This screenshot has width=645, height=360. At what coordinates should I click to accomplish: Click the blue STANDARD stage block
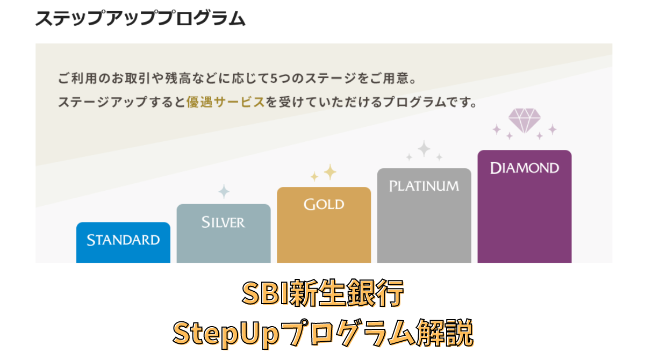coord(123,243)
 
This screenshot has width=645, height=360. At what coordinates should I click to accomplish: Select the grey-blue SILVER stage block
coord(223,234)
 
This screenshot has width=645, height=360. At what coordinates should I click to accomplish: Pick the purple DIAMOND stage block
coord(524,207)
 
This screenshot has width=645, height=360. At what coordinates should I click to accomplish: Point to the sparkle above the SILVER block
coord(224,191)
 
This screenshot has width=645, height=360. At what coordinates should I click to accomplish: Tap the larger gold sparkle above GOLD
coord(329,171)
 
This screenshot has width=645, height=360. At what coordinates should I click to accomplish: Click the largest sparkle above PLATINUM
coord(424,149)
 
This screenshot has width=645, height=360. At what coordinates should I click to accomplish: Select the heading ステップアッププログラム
coord(140,19)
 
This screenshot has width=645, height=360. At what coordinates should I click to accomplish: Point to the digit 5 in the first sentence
coord(274,78)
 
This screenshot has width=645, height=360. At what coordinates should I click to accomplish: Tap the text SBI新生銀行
coord(322,294)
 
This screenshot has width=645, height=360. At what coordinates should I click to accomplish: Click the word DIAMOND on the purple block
coord(524,168)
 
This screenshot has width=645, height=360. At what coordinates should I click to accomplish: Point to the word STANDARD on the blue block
coord(123,240)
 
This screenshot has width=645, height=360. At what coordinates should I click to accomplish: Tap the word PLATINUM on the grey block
coord(424,186)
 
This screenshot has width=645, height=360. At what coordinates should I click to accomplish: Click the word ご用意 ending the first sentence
coord(393,78)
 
